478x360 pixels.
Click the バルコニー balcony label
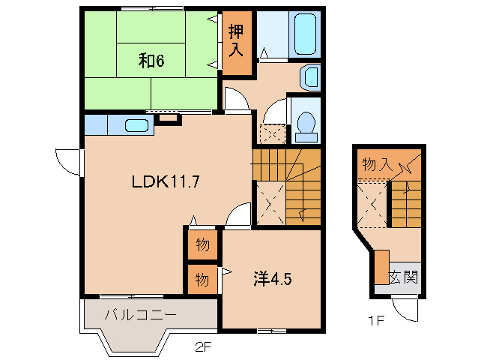[141, 315]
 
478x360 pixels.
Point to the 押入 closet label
[237, 42]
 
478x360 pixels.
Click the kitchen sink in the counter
[136, 125]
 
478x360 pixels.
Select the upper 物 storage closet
[202, 244]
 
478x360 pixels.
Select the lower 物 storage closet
[202, 279]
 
